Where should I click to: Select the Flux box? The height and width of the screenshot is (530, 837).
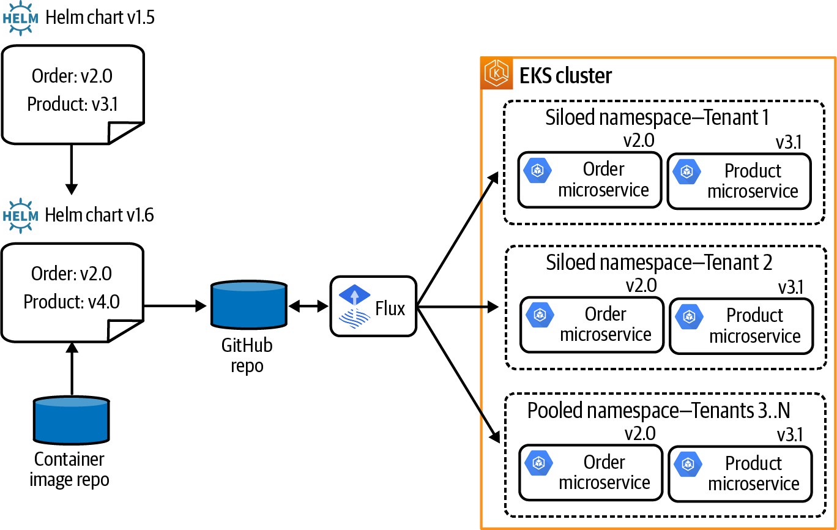coord(373,306)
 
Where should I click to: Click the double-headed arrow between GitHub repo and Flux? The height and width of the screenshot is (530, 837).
coord(309,306)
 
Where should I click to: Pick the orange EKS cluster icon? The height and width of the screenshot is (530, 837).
coord(496,74)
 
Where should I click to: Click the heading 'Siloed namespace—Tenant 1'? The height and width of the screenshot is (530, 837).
coord(657,117)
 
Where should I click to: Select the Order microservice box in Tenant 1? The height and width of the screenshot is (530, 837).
coord(590,180)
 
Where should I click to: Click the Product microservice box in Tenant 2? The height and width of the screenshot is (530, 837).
coord(741,326)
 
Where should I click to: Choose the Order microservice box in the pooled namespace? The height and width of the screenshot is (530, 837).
coord(590,472)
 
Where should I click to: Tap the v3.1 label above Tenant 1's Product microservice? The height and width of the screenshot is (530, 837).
coord(787,142)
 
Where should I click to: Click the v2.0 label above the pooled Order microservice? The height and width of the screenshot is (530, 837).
coord(639,433)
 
